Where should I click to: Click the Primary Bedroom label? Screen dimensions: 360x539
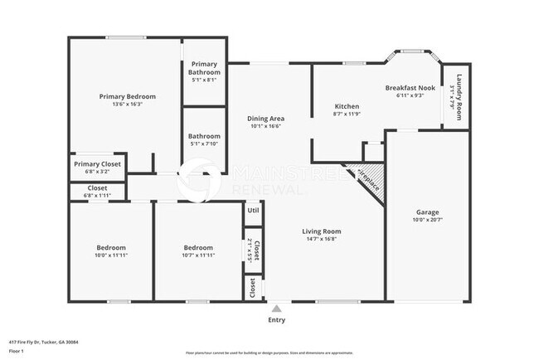coord(127,96)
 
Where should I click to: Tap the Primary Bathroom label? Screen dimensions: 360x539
coord(206,68)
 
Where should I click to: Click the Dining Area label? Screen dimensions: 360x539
coord(267,119)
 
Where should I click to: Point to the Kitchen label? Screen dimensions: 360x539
coord(346,106)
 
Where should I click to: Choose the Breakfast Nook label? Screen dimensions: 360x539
coord(410,88)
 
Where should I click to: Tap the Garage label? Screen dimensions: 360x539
coord(427,212)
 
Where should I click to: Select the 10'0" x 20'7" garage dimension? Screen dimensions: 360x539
coord(427,221)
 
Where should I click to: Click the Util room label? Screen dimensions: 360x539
coord(252,211)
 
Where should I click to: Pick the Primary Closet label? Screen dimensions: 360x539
coord(97,164)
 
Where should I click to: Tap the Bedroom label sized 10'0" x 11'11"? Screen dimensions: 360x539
coord(111,247)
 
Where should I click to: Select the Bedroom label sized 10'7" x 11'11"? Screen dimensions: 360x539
coord(197,247)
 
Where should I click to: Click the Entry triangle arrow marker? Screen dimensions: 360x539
coord(276,308)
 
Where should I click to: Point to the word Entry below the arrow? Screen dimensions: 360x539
coord(276,319)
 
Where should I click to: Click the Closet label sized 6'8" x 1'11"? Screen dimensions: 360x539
coord(97,188)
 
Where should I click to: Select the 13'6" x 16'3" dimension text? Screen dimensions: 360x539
coord(127,105)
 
